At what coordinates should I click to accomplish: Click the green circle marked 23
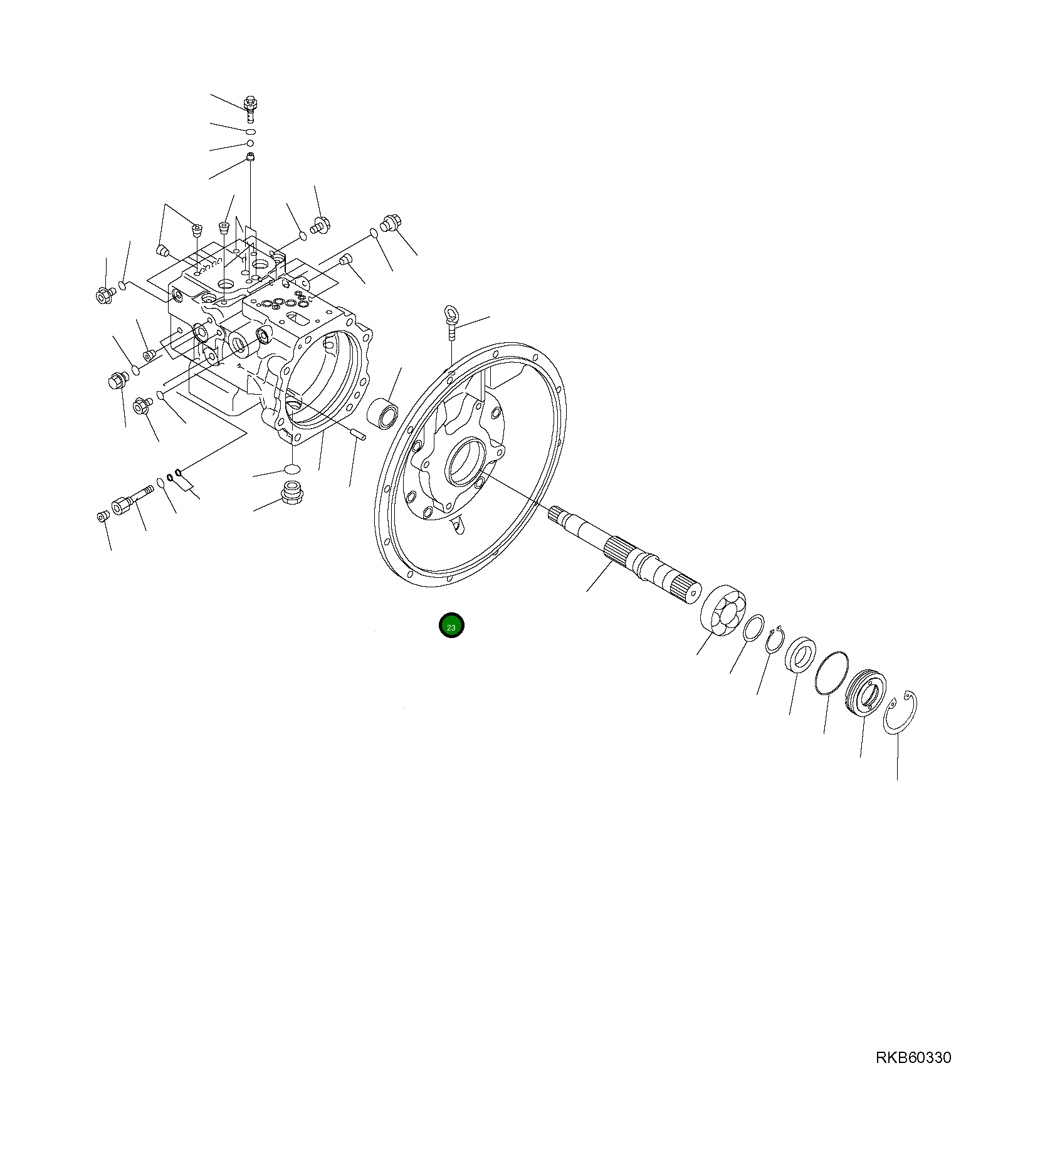coord(451,626)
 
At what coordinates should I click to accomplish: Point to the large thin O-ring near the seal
coord(832,673)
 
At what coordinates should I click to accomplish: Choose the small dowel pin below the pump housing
coord(358,433)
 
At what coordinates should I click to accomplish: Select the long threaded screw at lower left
coord(132,500)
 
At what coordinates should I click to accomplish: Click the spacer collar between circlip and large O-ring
coord(801,654)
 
